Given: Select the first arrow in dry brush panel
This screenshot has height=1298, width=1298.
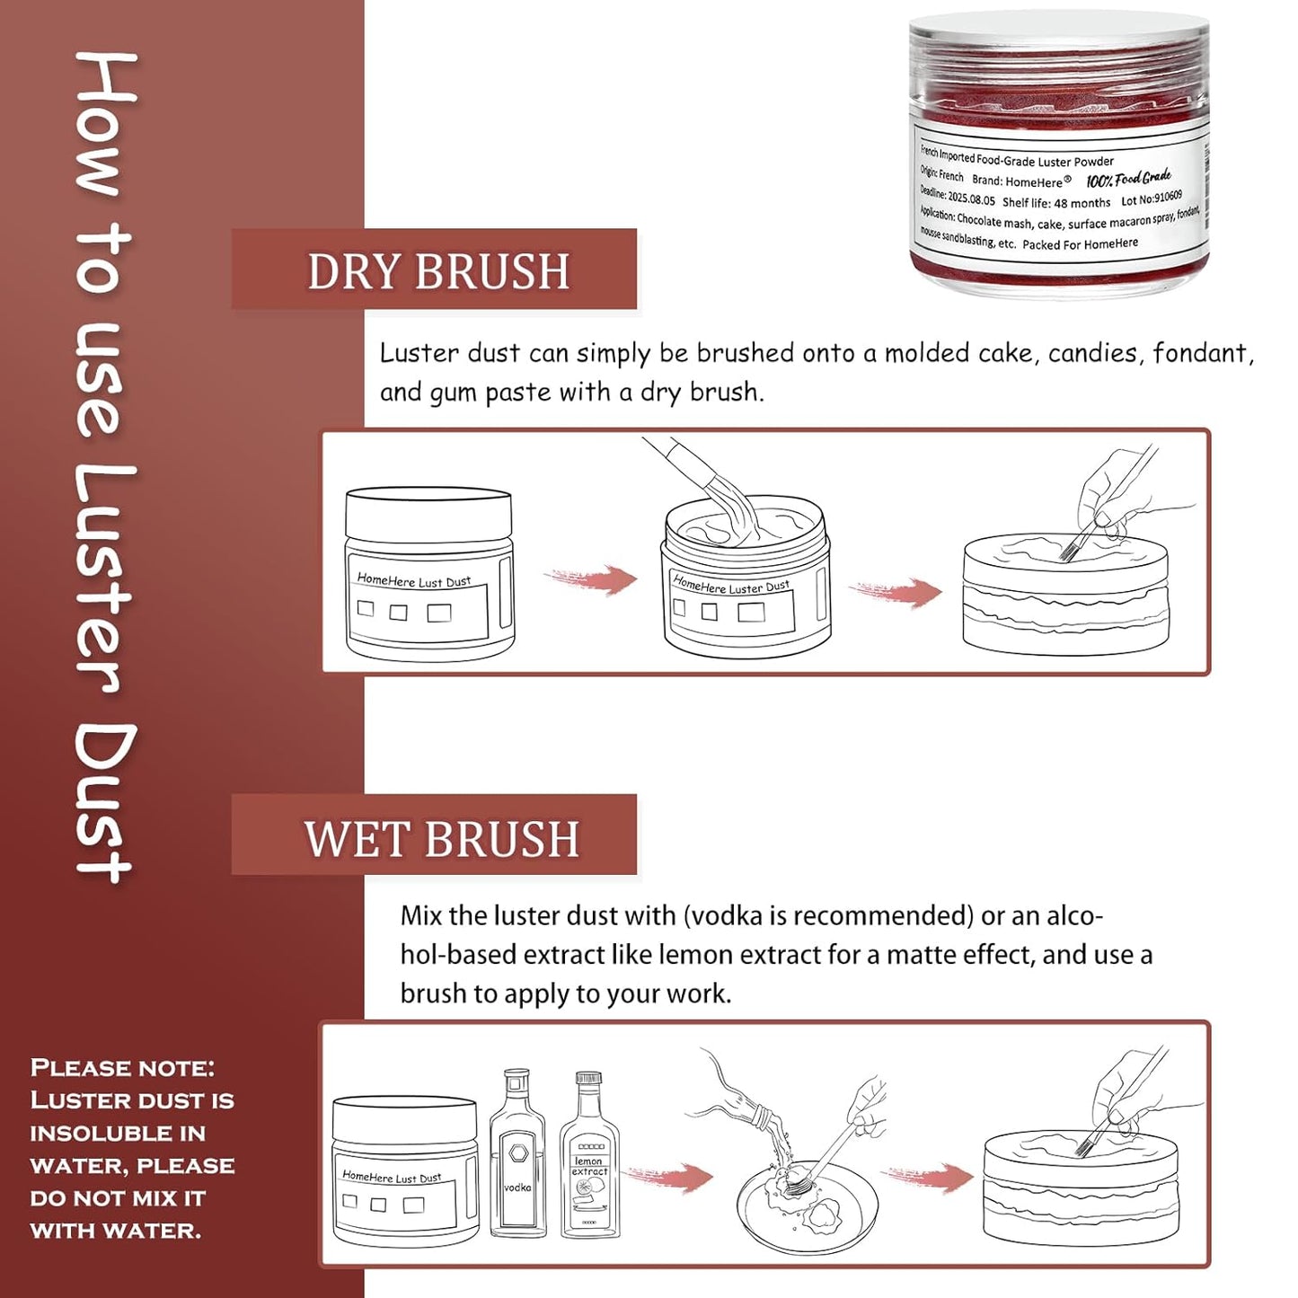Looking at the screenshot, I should [x=590, y=579].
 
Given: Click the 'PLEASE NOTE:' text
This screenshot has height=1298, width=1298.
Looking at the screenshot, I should [x=122, y=1067].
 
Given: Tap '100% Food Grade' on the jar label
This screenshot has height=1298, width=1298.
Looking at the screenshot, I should [x=1128, y=178].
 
